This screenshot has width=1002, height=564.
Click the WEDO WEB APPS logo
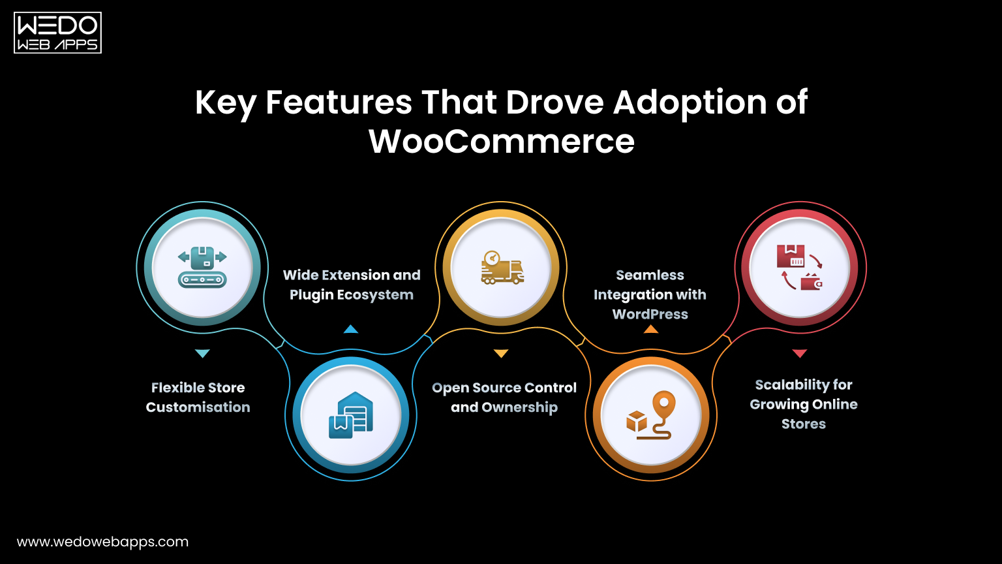click(57, 33)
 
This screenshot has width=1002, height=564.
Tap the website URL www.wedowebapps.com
click(102, 542)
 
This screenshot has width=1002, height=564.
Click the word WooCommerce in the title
click(501, 141)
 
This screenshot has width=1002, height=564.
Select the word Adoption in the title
click(692, 102)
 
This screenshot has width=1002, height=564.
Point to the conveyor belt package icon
click(202, 267)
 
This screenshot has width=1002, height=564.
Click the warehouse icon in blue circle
click(351, 415)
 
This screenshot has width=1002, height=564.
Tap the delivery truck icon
click(501, 267)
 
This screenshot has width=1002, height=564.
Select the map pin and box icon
click(650, 415)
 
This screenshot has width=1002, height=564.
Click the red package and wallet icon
click(800, 267)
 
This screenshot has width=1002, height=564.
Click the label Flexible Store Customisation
click(198, 397)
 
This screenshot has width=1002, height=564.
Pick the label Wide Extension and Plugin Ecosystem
click(352, 285)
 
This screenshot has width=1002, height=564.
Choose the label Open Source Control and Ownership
click(504, 397)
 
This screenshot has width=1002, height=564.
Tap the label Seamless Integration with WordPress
click(650, 294)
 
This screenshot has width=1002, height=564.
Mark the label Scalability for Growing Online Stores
click(804, 404)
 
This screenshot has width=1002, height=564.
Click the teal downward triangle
click(202, 353)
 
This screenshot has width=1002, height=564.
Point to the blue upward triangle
click(351, 329)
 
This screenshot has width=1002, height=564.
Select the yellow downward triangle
click(501, 353)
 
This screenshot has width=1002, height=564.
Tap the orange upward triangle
click(650, 329)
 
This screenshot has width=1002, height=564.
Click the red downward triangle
click(800, 353)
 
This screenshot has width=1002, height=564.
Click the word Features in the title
click(339, 102)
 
